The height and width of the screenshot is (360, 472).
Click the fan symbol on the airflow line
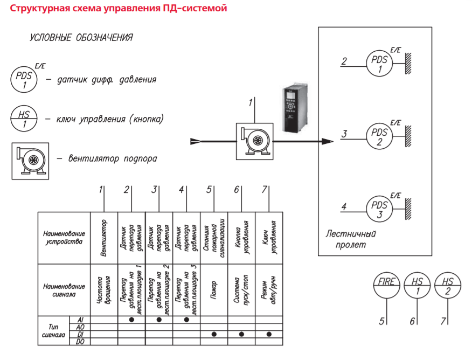[x=255, y=141]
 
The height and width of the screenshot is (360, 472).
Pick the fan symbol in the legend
[x=30, y=161]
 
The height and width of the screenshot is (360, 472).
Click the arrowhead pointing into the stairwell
[x=328, y=141]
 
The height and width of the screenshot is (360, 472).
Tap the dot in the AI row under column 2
[x=131, y=320]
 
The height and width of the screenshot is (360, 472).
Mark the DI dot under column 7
[x=269, y=334]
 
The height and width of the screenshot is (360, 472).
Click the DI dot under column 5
[x=214, y=334]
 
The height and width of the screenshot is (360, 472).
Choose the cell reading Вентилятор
[x=104, y=238]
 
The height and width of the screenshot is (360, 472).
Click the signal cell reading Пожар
[x=214, y=290]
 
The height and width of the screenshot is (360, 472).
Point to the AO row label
[x=80, y=327]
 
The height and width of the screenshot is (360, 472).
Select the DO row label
[x=80, y=342]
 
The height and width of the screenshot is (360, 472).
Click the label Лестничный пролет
[x=351, y=239]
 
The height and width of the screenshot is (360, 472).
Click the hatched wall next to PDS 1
[x=408, y=64]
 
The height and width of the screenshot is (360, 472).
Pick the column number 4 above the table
[x=181, y=189]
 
